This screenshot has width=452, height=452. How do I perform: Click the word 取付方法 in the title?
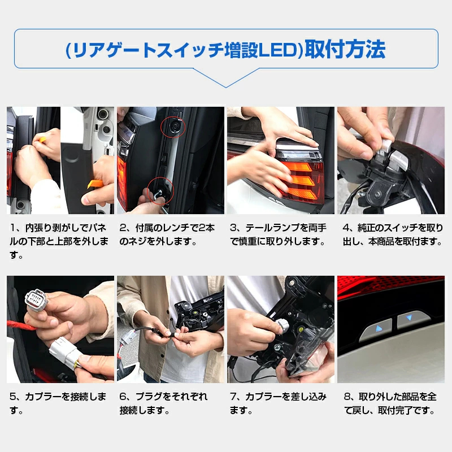click(345, 49)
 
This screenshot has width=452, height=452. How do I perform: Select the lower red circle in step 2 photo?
click(160, 190)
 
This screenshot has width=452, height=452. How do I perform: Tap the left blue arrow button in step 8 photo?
click(377, 329)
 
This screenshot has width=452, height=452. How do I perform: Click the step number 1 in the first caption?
click(12, 228)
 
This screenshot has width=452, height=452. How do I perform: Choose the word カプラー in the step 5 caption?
click(43, 397)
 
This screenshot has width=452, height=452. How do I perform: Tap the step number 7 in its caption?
click(233, 397)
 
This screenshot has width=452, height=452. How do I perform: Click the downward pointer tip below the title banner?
click(226, 87)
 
